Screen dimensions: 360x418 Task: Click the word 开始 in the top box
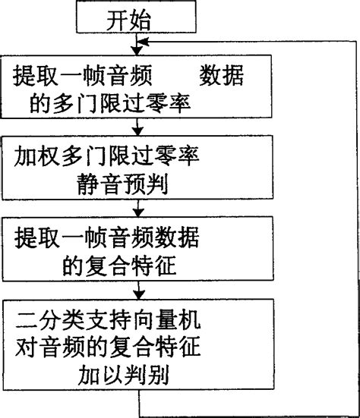click(128, 20)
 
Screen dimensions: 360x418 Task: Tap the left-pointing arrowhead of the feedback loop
click(143, 42)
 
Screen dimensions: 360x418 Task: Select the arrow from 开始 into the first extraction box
click(137, 44)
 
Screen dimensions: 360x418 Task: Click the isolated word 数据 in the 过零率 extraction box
click(222, 75)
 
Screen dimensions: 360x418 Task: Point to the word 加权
click(36, 156)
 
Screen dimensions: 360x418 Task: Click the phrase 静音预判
click(122, 184)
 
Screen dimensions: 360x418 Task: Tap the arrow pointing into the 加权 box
click(137, 127)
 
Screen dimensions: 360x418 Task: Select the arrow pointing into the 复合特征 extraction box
click(138, 208)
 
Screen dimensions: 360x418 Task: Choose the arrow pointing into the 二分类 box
click(138, 290)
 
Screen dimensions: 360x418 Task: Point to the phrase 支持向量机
click(143, 319)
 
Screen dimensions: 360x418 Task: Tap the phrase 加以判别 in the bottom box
click(124, 375)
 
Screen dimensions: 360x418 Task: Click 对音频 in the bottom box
click(50, 347)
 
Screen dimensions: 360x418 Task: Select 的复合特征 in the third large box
click(119, 266)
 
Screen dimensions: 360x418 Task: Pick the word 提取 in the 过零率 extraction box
click(35, 75)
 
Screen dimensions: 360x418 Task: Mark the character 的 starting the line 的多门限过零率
click(39, 103)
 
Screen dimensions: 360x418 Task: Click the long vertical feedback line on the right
click(356, 228)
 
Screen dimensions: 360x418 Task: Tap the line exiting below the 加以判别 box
click(139, 403)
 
